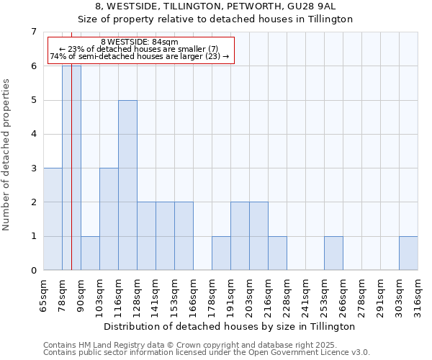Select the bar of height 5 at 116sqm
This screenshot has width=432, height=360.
[127, 185]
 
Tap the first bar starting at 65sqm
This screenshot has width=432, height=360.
[53, 219]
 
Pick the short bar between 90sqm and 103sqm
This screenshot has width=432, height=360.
[90, 253]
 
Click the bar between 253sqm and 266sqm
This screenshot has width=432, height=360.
[333, 253]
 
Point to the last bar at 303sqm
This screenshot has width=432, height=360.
[408, 253]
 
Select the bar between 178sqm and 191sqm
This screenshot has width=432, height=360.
[221, 253]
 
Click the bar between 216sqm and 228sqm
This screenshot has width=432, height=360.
[277, 253]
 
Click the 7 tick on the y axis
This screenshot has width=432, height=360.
[33, 32]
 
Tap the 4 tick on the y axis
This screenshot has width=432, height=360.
[33, 134]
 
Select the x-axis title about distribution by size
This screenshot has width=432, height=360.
[230, 326]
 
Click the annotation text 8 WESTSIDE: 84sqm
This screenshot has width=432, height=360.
[135, 42]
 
